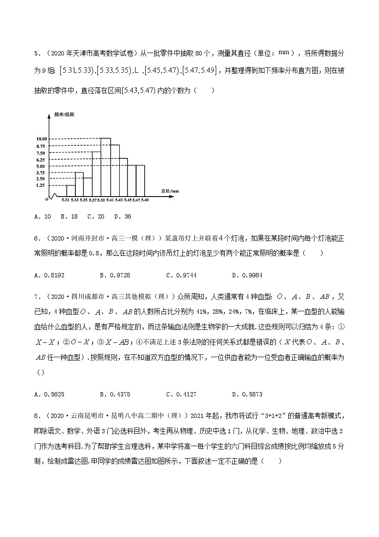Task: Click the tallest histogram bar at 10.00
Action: pyautogui.click(x=105, y=167)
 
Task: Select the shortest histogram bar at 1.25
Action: pyautogui.click(x=70, y=191)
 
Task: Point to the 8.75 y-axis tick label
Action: pyautogui.click(x=41, y=146)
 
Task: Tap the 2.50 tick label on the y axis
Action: pyautogui.click(x=41, y=178)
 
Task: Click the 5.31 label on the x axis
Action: pyautogui.click(x=66, y=199)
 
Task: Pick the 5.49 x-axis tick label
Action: pyautogui.click(x=145, y=199)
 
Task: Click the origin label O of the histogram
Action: pyautogui.click(x=46, y=198)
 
